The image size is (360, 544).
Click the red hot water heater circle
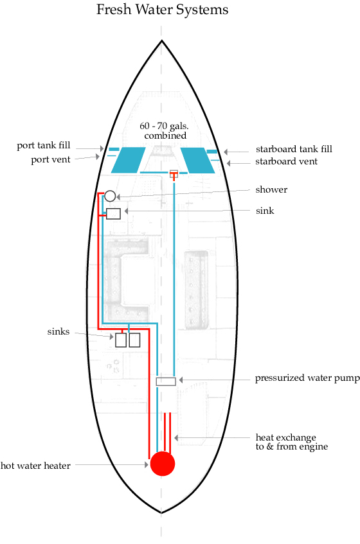[163, 464]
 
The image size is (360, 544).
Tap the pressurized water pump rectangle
[166, 382]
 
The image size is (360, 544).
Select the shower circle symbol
[110, 196]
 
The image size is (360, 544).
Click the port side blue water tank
[128, 160]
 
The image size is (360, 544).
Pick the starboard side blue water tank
[197, 160]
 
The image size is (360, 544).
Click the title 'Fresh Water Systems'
[163, 10]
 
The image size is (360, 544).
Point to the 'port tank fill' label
[44, 145]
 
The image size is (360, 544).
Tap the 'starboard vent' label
[287, 161]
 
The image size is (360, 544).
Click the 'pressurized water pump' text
[307, 378]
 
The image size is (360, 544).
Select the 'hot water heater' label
[35, 466]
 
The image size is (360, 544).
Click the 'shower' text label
[271, 189]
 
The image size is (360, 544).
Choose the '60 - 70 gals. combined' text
[165, 130]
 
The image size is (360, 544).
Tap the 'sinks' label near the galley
[59, 331]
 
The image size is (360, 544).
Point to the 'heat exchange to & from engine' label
[292, 442]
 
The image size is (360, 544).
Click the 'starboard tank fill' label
[294, 149]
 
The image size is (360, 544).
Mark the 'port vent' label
[51, 159]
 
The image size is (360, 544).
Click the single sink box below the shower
[114, 214]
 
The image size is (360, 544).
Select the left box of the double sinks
[121, 340]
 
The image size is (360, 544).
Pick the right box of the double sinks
[135, 340]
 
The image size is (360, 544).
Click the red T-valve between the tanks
[174, 175]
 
